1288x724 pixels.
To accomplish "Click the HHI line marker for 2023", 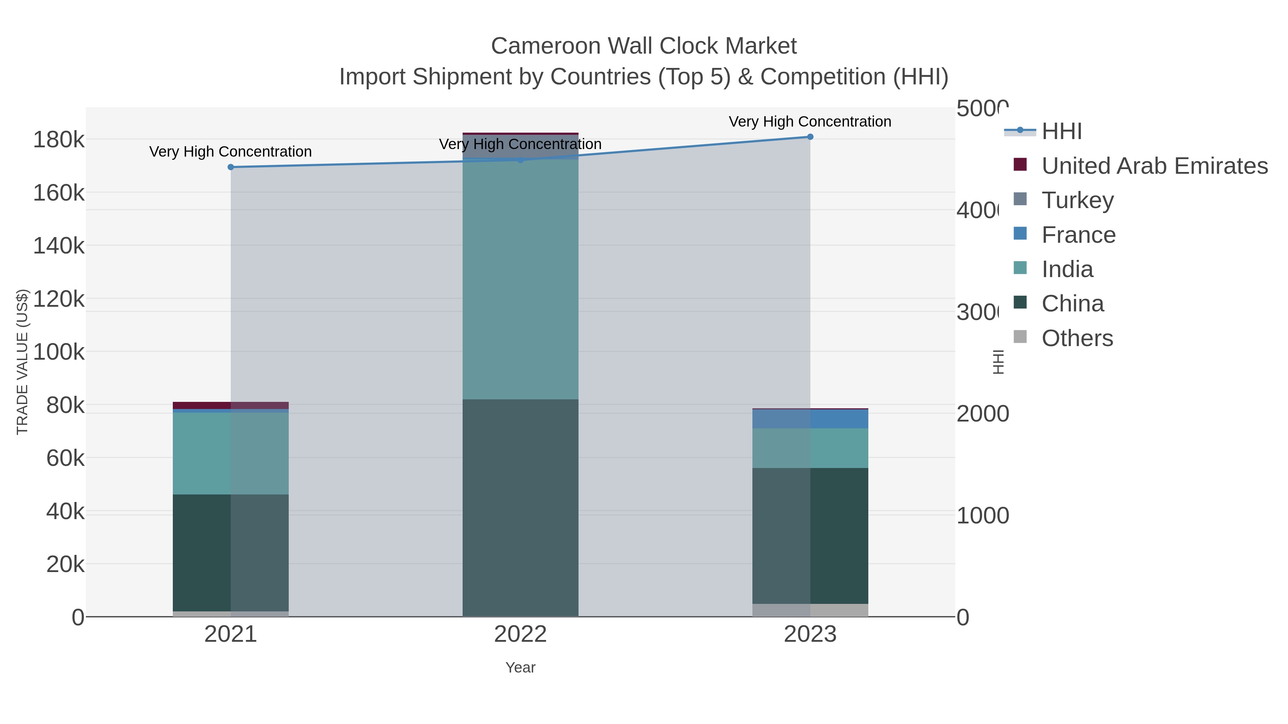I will pos(810,137).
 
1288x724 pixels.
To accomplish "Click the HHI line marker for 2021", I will pos(230,167).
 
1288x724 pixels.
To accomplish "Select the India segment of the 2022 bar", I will pos(520,280).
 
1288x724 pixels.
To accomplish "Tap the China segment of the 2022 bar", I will pos(520,507).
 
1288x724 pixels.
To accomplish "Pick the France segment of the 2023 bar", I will pos(810,419).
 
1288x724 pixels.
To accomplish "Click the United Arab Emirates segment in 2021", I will pos(230,405).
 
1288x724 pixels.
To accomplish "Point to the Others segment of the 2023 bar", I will pos(810,610).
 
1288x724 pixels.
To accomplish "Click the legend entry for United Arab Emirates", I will pos(1154,166).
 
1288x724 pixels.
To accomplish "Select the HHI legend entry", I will pos(1061,132).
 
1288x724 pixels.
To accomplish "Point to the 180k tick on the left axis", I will pos(59,140).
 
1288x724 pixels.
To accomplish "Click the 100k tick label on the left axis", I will pos(59,352).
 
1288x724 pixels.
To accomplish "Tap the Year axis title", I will pos(520,668).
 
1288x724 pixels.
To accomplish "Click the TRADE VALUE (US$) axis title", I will pos(23,362).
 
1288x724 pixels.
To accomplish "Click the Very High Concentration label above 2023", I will pos(810,122).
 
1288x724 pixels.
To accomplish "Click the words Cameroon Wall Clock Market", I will pos(644,46).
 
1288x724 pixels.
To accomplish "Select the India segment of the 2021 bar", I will pos(230,453).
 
